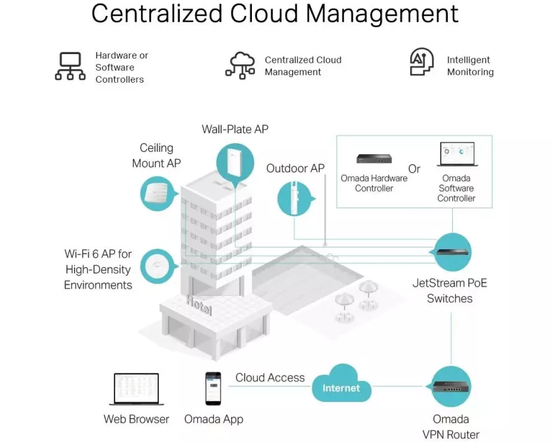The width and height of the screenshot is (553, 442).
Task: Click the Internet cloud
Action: [342, 387]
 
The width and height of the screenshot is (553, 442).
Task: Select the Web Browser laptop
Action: [136, 390]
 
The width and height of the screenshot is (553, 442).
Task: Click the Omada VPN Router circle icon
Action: [450, 386]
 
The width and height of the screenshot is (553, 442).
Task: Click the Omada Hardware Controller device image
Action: [374, 160]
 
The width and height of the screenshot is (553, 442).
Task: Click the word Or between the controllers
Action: [414, 169]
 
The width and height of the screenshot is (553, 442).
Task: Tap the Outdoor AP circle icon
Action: [295, 196]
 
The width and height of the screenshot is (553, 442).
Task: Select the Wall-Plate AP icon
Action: [235, 162]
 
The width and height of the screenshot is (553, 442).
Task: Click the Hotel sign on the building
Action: [199, 305]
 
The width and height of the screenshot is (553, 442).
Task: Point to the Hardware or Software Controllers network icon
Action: [70, 67]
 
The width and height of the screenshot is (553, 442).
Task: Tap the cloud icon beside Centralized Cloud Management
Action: [241, 65]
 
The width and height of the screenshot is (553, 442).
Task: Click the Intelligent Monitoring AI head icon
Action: [422, 62]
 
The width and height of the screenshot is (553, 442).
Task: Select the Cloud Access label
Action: [270, 377]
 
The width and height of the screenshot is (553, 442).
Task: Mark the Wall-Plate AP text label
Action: [235, 129]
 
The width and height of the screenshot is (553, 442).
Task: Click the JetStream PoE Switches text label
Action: [450, 291]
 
